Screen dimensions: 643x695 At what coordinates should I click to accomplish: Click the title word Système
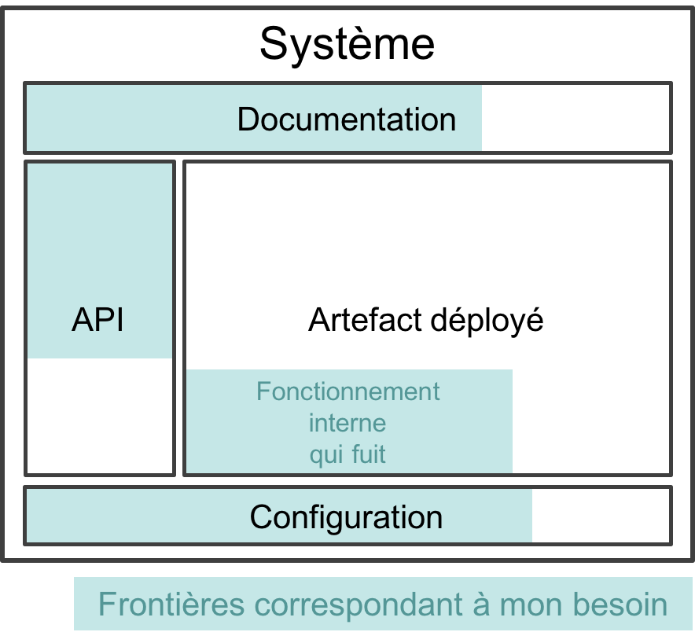coord(347,44)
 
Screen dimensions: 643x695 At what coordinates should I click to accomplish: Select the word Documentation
coord(347,119)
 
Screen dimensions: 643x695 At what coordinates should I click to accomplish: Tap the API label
coord(97,320)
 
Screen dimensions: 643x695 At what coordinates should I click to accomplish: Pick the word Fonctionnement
coord(348,391)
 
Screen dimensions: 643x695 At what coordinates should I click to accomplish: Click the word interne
coord(347,423)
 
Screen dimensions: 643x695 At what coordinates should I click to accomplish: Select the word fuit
coord(369,454)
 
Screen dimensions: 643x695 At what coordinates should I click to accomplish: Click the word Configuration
coord(346,516)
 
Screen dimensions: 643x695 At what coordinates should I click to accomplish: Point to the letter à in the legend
coord(481,604)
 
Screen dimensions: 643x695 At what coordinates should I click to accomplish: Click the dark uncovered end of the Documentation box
coord(575,118)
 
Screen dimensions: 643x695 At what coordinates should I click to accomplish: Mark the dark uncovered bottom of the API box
coord(99,416)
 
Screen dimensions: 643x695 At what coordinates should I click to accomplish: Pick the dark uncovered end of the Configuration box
coord(601,516)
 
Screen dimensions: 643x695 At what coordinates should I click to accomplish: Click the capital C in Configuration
coord(260,516)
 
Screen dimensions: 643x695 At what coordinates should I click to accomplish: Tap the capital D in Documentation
coord(248,119)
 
